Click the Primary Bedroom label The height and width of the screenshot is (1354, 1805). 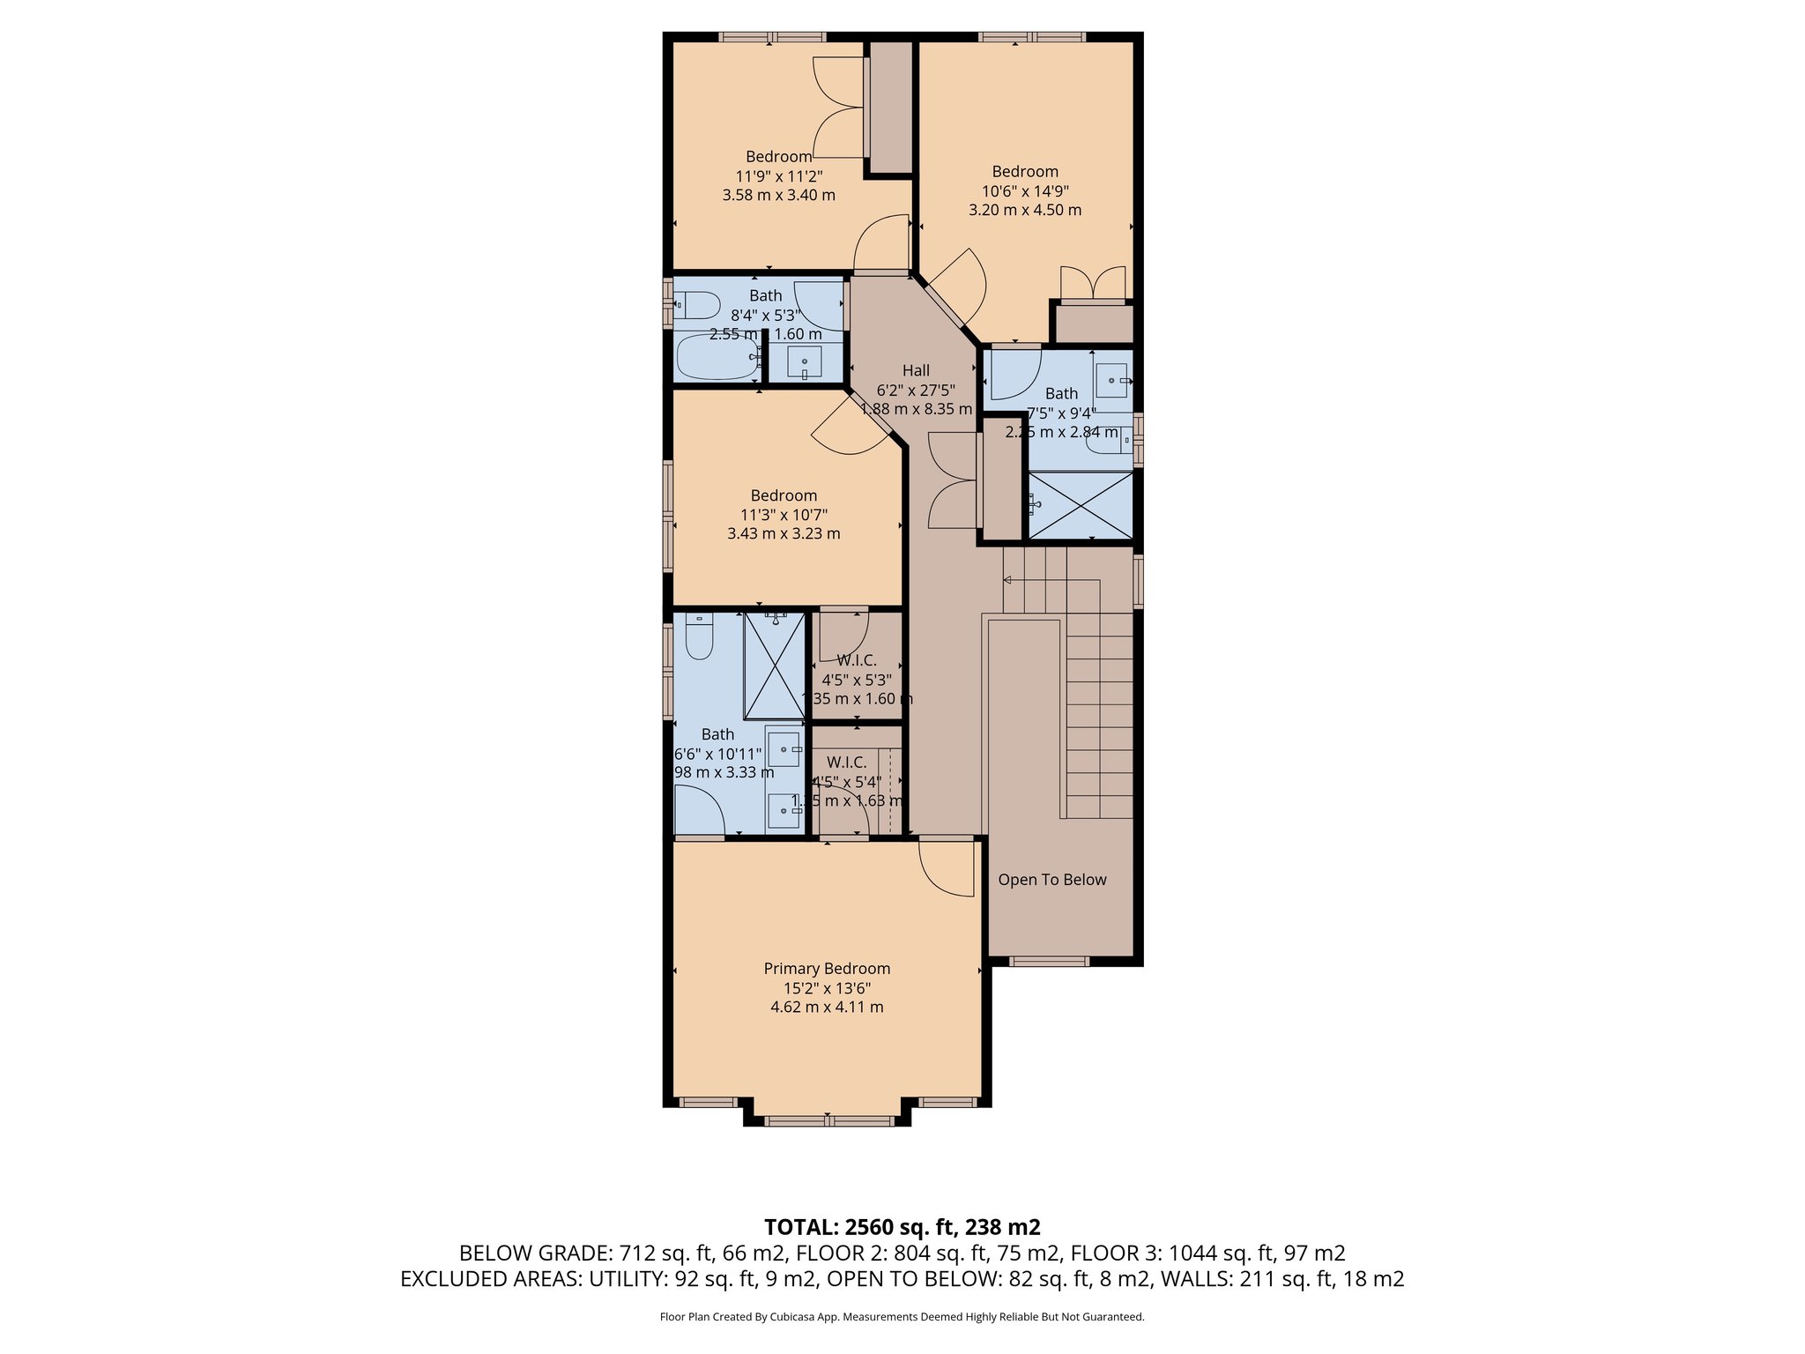click(827, 969)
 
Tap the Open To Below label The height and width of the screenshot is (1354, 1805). click(1051, 880)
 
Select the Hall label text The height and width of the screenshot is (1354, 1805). click(916, 371)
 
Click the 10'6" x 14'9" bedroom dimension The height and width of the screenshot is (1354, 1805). click(1025, 191)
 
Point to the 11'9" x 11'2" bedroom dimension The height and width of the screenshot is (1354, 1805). click(779, 176)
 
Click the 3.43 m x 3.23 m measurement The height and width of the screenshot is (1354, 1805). click(784, 534)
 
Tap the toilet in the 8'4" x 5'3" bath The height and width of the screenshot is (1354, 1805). click(698, 306)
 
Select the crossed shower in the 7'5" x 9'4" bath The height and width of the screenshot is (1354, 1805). click(1081, 505)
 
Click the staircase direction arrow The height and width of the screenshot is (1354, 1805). click(1008, 580)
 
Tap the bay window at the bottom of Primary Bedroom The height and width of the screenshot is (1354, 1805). click(827, 1121)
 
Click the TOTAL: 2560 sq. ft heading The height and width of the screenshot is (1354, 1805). click(902, 1227)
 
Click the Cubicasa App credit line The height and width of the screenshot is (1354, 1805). click(902, 1317)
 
